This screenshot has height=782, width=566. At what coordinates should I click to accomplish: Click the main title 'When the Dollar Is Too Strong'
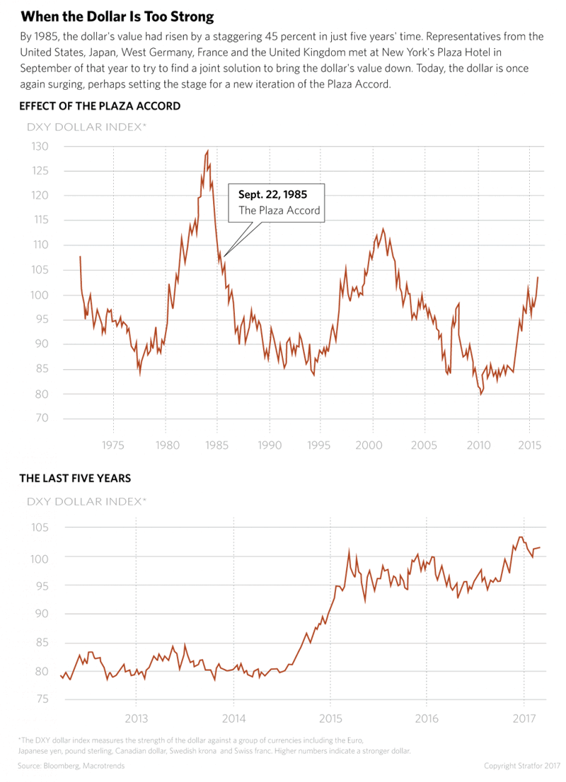click(x=117, y=16)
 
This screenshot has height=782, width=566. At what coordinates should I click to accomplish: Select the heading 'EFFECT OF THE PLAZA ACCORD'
click(x=100, y=106)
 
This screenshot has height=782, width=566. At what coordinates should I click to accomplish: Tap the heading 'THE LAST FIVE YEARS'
click(x=75, y=478)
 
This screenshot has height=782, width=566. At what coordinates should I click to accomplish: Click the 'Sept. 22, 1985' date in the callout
click(x=272, y=192)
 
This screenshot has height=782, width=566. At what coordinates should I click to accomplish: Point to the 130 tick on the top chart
click(x=40, y=146)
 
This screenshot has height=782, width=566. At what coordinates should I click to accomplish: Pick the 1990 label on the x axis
click(x=270, y=445)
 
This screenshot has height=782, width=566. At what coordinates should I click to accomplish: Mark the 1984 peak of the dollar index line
click(x=207, y=151)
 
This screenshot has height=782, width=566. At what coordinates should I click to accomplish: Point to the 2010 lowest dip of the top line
click(x=480, y=393)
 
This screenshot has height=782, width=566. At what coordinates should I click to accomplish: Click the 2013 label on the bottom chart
click(x=136, y=719)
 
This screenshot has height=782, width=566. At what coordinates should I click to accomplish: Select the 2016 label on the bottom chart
click(x=426, y=719)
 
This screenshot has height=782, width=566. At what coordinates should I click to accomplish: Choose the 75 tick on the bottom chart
click(x=41, y=699)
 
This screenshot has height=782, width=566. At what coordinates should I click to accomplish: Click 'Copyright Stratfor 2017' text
click(x=522, y=766)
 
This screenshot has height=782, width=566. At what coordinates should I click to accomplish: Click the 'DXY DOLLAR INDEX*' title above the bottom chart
click(x=86, y=501)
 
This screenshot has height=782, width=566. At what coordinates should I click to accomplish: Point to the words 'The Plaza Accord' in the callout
click(x=279, y=210)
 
